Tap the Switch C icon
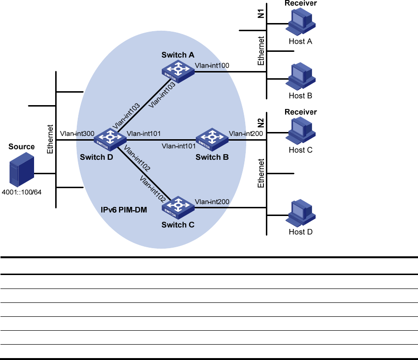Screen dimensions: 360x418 [x=178, y=207]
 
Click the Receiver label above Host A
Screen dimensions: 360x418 [x=301, y=3]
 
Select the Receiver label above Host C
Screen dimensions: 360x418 [x=301, y=112]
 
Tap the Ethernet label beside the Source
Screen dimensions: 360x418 [x=49, y=140]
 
